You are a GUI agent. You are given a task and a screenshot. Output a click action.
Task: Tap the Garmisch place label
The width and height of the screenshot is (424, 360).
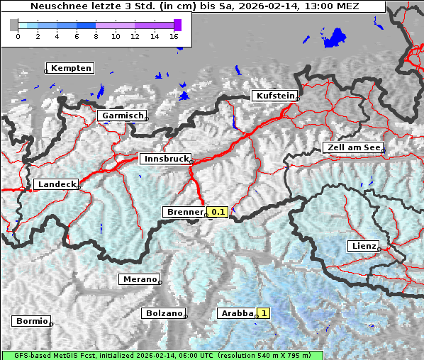tap(123, 116)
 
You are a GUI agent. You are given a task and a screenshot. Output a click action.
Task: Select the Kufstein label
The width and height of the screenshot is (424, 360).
tap(274, 96)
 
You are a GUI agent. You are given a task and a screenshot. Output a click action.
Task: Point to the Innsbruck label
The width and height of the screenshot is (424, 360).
tap(165, 159)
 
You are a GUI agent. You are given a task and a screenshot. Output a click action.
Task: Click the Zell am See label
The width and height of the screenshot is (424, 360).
tap(352, 147)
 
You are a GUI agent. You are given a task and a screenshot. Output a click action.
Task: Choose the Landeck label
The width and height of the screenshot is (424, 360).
tap(56, 184)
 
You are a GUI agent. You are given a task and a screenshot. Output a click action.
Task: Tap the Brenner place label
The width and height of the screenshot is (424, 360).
tap(184, 212)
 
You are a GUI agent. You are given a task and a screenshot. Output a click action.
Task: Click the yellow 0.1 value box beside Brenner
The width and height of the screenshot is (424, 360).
tap(217, 212)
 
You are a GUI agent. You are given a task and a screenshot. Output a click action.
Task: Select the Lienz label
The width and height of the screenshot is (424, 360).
tap(363, 246)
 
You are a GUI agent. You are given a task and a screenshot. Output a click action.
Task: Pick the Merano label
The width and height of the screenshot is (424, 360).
tap(138, 279)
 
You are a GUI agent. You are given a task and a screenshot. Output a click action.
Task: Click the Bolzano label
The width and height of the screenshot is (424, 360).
tap(164, 313)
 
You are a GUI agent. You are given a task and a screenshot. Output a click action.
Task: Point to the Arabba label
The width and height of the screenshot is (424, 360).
tap(236, 313)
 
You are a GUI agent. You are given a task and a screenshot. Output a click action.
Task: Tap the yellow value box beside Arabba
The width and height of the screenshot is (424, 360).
tap(264, 313)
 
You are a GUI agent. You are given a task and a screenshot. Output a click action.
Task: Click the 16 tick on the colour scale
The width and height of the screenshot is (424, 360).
tap(174, 35)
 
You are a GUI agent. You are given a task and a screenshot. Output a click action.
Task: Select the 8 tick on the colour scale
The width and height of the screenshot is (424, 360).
tap(96, 35)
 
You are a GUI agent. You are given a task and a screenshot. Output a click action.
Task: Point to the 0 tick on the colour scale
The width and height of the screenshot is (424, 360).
tap(18, 35)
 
